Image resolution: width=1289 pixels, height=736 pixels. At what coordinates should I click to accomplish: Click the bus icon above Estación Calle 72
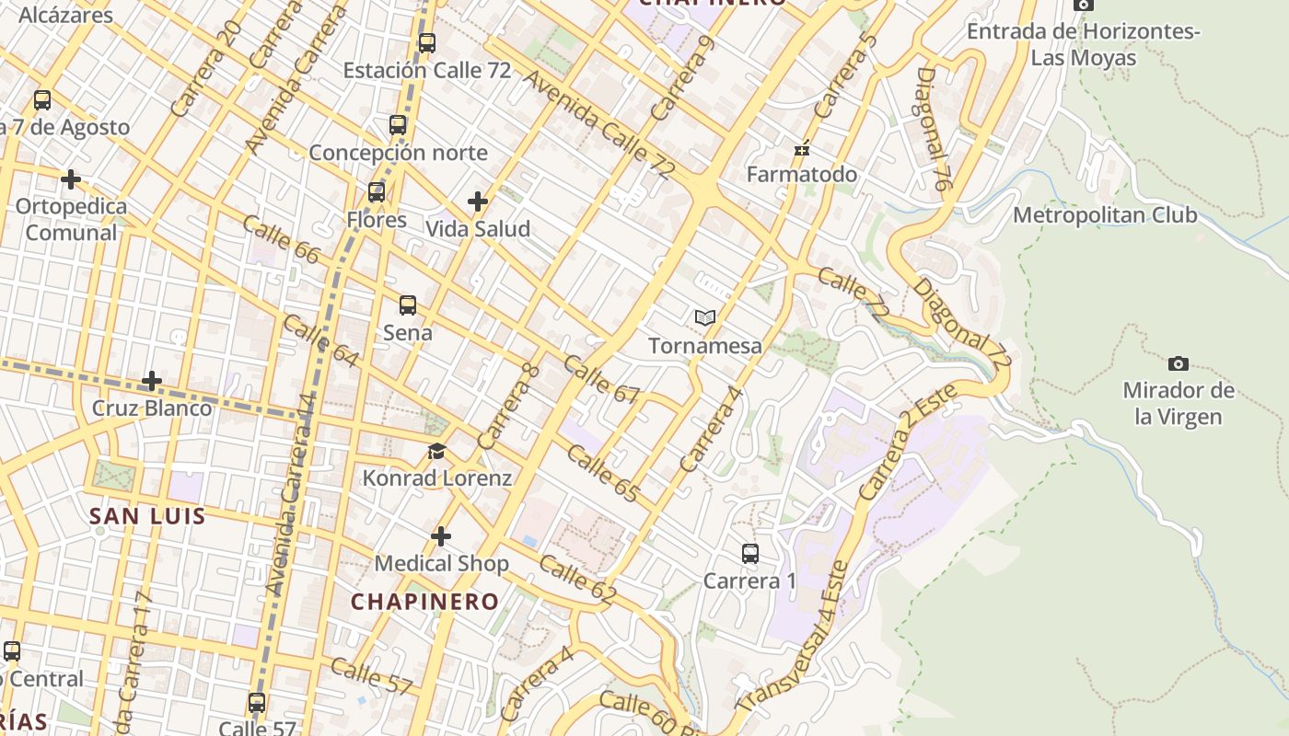[x=426, y=42]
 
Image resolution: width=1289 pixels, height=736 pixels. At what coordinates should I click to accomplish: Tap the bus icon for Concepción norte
[x=398, y=125]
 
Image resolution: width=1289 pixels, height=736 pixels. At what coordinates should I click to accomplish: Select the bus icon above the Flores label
[x=377, y=192]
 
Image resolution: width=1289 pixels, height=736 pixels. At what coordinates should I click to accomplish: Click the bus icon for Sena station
[x=408, y=305]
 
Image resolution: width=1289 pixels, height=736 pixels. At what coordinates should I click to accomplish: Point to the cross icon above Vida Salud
[x=478, y=201]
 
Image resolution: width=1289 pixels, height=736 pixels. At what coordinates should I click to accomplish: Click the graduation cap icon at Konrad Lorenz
[x=436, y=452]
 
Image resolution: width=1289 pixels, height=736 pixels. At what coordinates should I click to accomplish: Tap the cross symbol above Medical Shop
[x=441, y=536]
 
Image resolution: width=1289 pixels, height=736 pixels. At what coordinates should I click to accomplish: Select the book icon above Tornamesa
[x=705, y=318]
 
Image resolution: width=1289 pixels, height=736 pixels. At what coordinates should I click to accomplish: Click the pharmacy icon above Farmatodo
[x=802, y=148]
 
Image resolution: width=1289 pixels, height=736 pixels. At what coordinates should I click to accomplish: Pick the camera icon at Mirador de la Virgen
[x=1178, y=363]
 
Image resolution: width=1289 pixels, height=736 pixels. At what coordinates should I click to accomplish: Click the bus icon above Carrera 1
[x=750, y=554]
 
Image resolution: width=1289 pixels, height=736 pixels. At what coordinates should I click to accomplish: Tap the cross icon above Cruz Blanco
[x=152, y=380]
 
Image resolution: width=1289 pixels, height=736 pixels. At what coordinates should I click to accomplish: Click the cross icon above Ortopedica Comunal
[x=71, y=178]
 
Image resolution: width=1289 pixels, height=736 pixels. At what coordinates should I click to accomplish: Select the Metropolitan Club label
[x=1105, y=215]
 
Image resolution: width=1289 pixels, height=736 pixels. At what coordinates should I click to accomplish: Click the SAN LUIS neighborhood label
[x=147, y=516]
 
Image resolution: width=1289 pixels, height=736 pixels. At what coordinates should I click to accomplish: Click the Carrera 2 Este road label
[x=909, y=443]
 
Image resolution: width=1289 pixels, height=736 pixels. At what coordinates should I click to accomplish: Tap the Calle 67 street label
[x=601, y=379]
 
